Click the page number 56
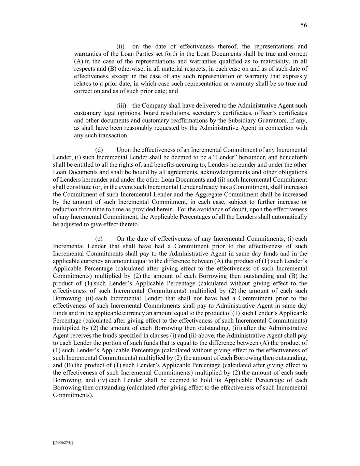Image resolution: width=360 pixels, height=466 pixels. tap(304, 25)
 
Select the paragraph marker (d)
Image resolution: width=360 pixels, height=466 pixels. tap(99, 150)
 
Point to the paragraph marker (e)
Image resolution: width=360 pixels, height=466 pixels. tap(99, 239)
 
